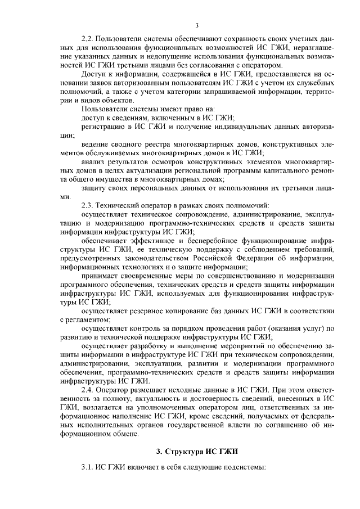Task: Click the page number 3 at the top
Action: (197, 25)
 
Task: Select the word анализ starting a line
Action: (93, 162)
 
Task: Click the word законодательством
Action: (146, 258)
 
